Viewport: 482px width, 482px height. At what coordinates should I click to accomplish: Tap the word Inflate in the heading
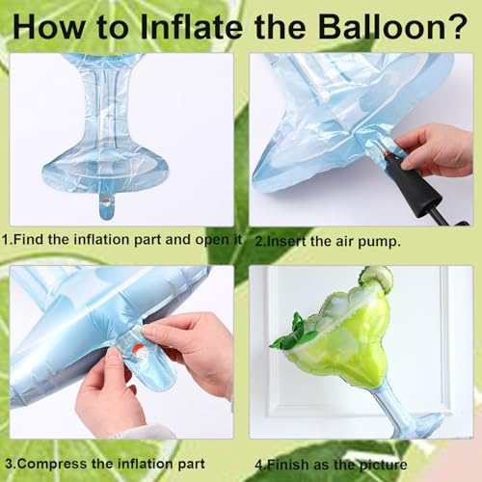pyautogui.click(x=192, y=27)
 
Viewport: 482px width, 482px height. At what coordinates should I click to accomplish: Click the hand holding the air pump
pyautogui.click(x=433, y=150)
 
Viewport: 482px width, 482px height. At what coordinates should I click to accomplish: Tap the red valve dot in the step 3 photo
pyautogui.click(x=139, y=350)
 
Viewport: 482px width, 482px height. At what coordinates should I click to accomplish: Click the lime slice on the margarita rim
pyautogui.click(x=377, y=279)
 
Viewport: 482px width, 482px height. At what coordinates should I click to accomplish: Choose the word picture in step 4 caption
pyautogui.click(x=383, y=465)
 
